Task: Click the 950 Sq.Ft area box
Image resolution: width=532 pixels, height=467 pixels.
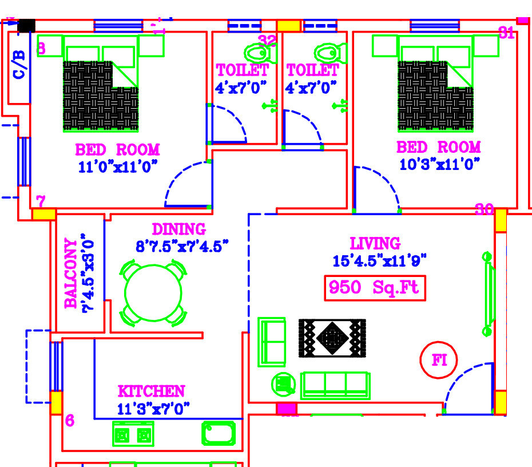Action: (x=376, y=288)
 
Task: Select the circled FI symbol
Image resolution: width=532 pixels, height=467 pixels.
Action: (x=439, y=361)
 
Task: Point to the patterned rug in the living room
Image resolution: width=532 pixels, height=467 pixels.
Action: (x=332, y=338)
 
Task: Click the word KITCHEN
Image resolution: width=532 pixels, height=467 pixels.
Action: (x=151, y=392)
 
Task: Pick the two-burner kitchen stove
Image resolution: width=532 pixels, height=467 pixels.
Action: (x=133, y=434)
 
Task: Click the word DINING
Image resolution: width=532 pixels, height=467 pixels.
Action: (x=178, y=229)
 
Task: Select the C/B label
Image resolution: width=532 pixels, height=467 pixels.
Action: (x=19, y=64)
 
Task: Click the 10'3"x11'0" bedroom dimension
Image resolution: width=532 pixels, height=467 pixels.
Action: (x=439, y=165)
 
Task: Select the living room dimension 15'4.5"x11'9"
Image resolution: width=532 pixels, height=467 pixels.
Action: (x=379, y=261)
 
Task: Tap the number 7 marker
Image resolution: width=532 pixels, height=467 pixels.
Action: (x=41, y=201)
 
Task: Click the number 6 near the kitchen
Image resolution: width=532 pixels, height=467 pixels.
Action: (x=69, y=421)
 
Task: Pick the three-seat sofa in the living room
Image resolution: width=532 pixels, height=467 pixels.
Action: (x=335, y=384)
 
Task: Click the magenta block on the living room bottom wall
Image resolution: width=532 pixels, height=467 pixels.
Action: (x=287, y=409)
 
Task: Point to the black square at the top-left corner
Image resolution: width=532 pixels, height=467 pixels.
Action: (x=26, y=26)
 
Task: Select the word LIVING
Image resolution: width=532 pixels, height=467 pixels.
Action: (x=375, y=244)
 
